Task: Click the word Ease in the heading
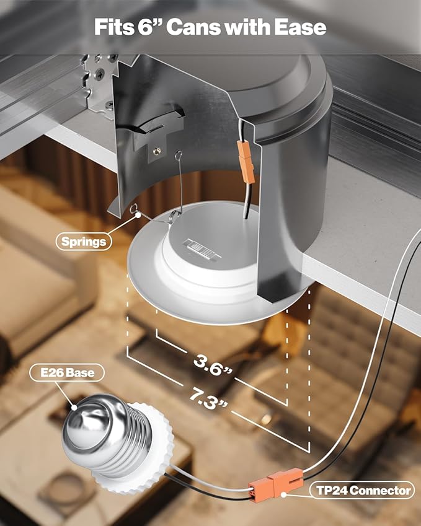[x=300, y=27]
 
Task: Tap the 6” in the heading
[x=149, y=27]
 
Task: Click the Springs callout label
[x=84, y=242]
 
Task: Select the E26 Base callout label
[x=67, y=372]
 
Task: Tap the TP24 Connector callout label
[x=363, y=491]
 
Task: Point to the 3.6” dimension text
[x=213, y=365]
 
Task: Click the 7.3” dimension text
[x=208, y=398]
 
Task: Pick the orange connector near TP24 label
[x=275, y=483]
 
